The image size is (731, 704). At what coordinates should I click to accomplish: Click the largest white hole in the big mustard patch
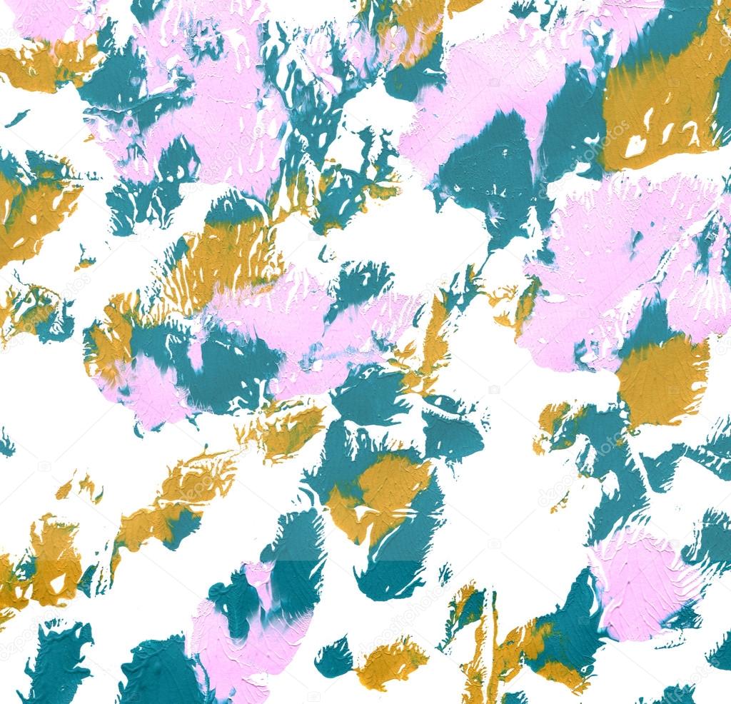click(635, 146)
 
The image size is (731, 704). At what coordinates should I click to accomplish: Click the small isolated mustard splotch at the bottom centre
click(391, 663)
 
